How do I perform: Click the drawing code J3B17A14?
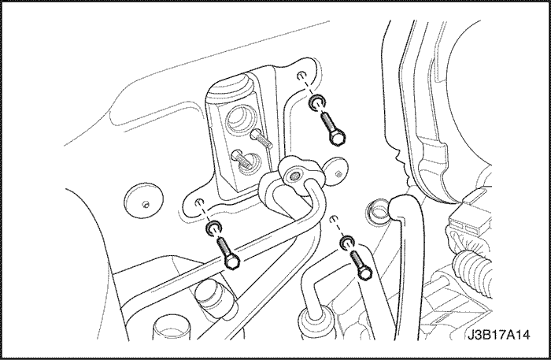(x=498, y=335)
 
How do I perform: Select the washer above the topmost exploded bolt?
(x=317, y=102)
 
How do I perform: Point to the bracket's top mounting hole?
(x=301, y=76)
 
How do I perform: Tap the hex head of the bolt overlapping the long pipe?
(x=231, y=262)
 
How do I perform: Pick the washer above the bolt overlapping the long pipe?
(x=213, y=228)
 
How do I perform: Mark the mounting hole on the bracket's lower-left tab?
(x=199, y=202)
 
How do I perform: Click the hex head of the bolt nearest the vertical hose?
(x=364, y=272)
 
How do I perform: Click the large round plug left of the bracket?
(x=144, y=201)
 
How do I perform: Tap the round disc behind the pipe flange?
(x=335, y=171)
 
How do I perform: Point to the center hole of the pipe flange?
(x=294, y=174)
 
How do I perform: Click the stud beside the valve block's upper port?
(x=261, y=139)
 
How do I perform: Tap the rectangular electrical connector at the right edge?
(x=468, y=215)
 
